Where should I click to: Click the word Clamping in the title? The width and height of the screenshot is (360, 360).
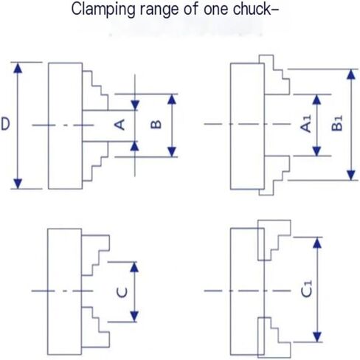coord(103,10)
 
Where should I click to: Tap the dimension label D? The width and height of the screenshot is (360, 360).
coord(6,124)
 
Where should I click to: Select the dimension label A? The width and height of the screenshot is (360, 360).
coord(120,124)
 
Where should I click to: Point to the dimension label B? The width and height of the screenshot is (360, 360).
coord(156,125)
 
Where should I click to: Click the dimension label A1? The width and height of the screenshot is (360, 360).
coord(306,124)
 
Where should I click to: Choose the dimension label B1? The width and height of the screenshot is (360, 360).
coord(337,123)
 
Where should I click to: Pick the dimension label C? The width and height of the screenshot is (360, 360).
coord(122,292)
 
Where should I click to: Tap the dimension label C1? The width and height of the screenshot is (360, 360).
coord(307,288)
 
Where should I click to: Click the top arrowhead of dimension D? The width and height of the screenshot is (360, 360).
coord(18,68)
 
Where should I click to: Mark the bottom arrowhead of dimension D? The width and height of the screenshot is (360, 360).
coord(18,184)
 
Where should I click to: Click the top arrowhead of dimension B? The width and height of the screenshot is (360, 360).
coord(172,99)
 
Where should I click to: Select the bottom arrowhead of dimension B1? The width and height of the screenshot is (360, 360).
coord(351,176)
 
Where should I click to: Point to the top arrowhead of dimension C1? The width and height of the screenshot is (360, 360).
coord(317,243)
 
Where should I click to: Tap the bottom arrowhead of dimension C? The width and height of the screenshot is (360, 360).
coord(134,316)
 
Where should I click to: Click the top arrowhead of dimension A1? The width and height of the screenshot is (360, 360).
coord(316,100)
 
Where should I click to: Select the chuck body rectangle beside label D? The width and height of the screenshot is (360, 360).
coord(65,126)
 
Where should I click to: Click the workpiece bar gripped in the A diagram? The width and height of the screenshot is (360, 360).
coord(108,126)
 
